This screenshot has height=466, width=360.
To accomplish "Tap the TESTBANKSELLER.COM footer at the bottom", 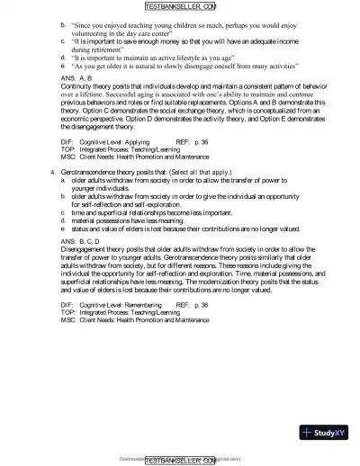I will [x=180, y=459].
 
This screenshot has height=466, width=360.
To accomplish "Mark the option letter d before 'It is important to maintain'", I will [x=63, y=57].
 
